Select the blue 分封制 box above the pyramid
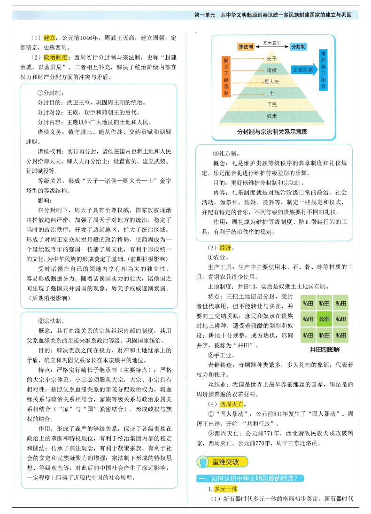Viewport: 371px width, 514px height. (298, 47)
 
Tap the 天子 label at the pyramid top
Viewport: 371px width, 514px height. (271, 59)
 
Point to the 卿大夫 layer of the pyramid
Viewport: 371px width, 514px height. (271, 82)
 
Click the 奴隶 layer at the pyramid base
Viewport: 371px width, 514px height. (271, 116)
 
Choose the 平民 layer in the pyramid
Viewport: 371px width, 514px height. (271, 104)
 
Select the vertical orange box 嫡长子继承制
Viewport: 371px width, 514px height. (227, 77)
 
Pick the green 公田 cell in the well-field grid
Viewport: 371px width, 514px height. (324, 319)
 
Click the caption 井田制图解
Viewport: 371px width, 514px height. (325, 350)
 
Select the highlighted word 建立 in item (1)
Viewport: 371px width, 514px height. (50, 38)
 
